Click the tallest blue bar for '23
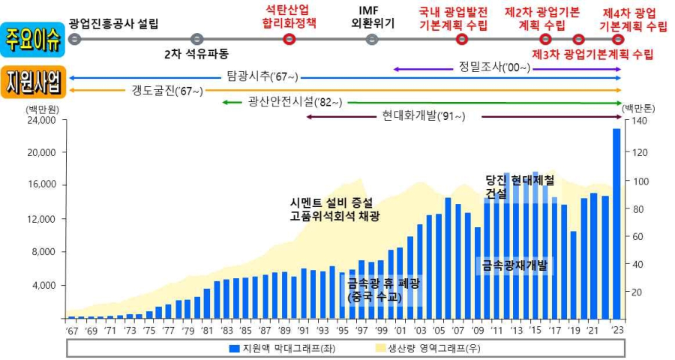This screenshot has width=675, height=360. (x=616, y=225)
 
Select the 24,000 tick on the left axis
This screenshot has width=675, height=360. (x=40, y=120)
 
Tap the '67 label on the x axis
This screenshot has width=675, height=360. (x=71, y=329)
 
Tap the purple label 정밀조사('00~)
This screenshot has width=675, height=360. (x=494, y=67)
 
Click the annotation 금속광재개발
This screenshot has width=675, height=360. (x=514, y=264)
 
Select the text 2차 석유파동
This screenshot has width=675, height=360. (x=196, y=55)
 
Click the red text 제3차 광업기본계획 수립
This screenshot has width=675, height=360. (x=592, y=55)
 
